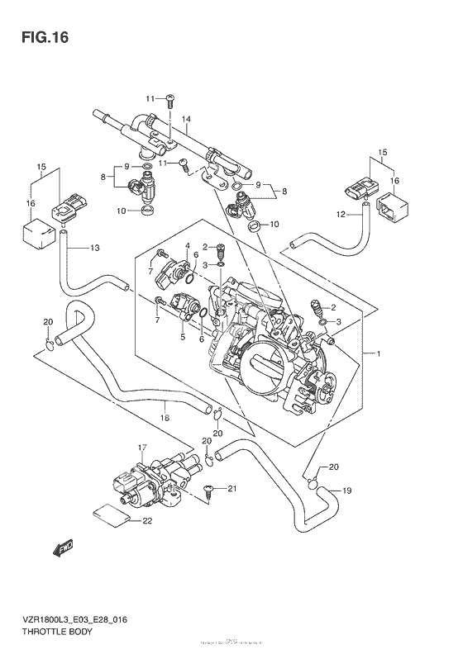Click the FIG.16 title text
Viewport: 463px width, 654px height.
click(x=38, y=37)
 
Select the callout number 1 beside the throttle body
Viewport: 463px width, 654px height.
click(x=378, y=354)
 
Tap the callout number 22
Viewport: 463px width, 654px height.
click(x=147, y=521)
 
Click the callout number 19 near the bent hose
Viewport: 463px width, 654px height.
click(x=346, y=490)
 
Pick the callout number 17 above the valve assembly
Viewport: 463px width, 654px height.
click(x=142, y=448)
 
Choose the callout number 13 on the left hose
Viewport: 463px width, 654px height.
click(x=94, y=248)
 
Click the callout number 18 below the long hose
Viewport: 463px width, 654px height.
click(x=165, y=419)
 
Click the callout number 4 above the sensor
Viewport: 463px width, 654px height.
click(x=188, y=245)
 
